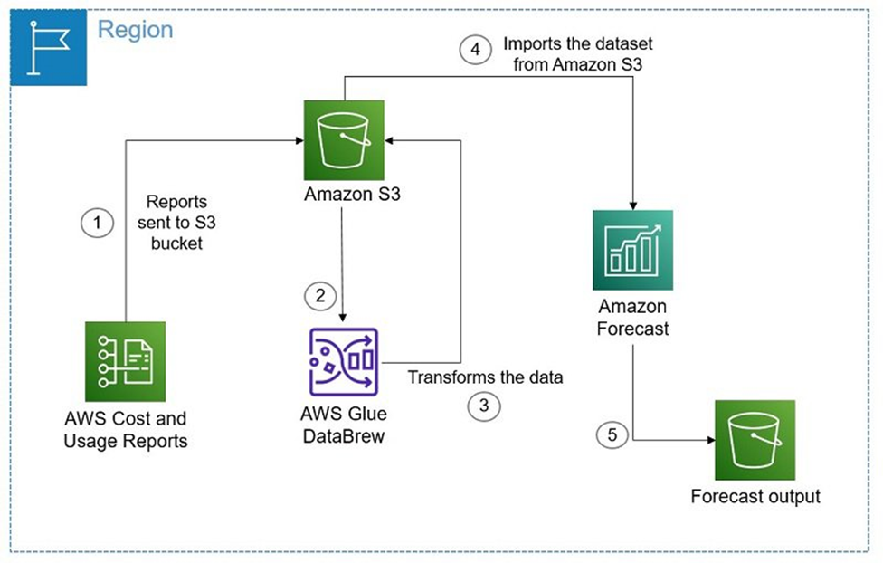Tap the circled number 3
point(484,406)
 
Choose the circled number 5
point(612,435)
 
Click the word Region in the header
point(135,29)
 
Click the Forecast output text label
point(755,496)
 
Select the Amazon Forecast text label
point(633,318)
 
